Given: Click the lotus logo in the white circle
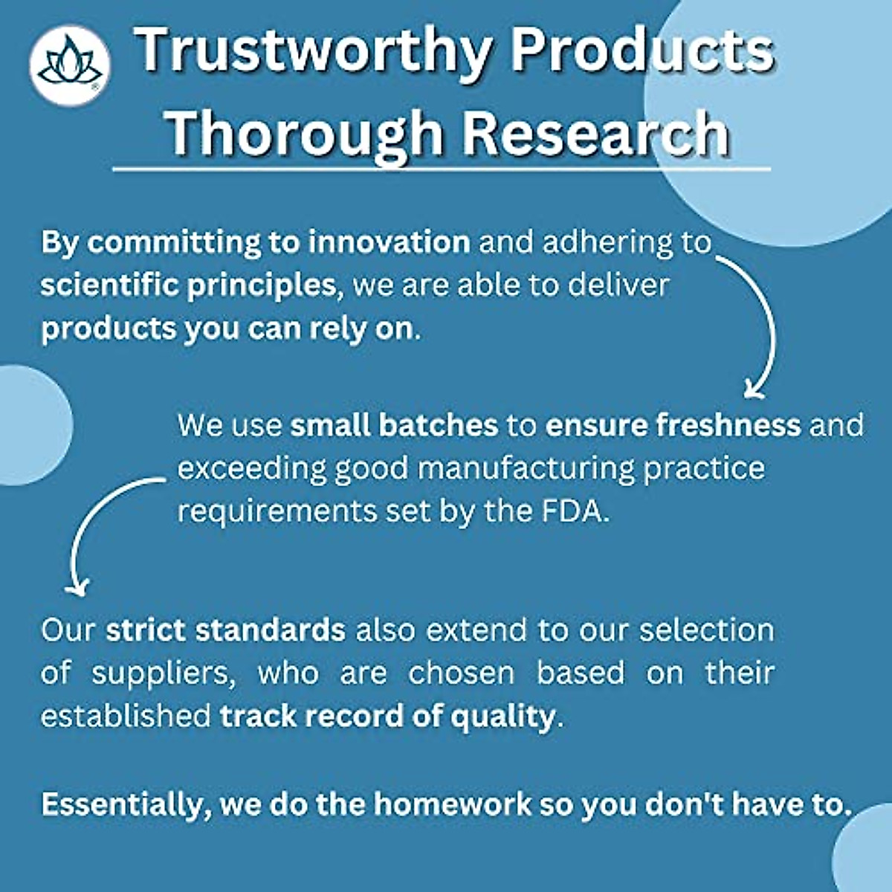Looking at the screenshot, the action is click(x=70, y=65).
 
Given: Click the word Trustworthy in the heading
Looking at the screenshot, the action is click(x=314, y=51).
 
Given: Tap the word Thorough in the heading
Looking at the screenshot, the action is click(x=305, y=134).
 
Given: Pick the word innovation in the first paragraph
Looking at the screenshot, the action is click(x=390, y=242).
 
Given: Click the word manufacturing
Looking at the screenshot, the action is click(x=526, y=469).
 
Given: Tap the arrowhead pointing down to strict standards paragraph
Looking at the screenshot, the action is click(x=77, y=587).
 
